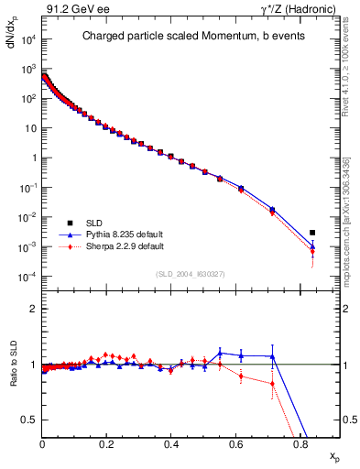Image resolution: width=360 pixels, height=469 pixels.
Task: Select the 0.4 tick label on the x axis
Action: point(171,443)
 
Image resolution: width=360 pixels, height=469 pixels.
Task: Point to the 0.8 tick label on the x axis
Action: point(300,443)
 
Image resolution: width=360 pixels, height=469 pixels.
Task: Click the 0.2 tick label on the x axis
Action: point(107,443)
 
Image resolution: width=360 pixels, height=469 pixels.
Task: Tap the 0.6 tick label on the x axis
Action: point(235,443)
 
